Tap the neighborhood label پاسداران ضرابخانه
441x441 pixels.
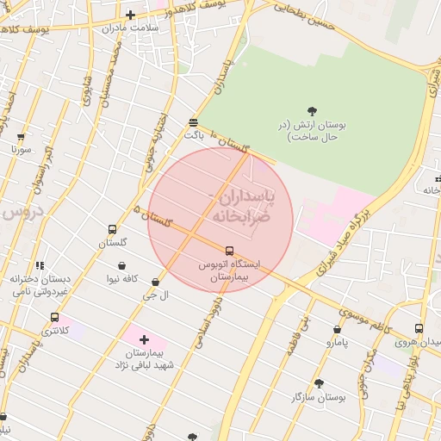(x=239, y=207)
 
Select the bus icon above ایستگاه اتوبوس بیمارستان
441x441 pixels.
(x=229, y=251)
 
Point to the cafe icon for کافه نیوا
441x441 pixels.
(x=122, y=264)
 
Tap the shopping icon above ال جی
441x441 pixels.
(x=155, y=282)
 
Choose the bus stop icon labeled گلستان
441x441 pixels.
(x=112, y=229)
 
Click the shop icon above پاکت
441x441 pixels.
(x=193, y=122)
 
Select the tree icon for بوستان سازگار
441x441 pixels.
(x=319, y=383)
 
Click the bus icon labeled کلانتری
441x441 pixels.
(x=55, y=317)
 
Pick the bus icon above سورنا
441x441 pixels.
(x=21, y=136)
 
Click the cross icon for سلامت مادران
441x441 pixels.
(x=130, y=15)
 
